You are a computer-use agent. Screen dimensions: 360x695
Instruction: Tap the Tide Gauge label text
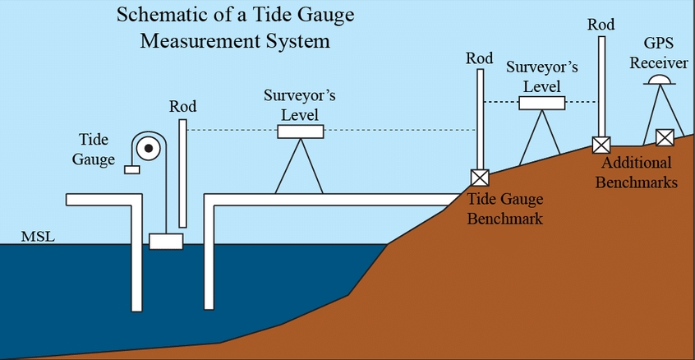(x=94, y=150)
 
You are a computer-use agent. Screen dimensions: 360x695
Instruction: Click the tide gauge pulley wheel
(x=149, y=149)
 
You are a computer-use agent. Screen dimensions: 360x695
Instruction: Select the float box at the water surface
(x=165, y=241)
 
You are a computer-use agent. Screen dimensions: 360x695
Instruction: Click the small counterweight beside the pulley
(x=131, y=169)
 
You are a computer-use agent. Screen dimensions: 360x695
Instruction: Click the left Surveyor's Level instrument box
(x=300, y=132)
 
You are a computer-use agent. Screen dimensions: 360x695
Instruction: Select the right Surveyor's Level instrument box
(x=541, y=103)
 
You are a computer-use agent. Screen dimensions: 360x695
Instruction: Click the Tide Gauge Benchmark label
(x=505, y=209)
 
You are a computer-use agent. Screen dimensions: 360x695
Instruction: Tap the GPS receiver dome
(x=659, y=80)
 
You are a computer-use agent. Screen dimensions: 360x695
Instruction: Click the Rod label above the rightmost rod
(x=601, y=25)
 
